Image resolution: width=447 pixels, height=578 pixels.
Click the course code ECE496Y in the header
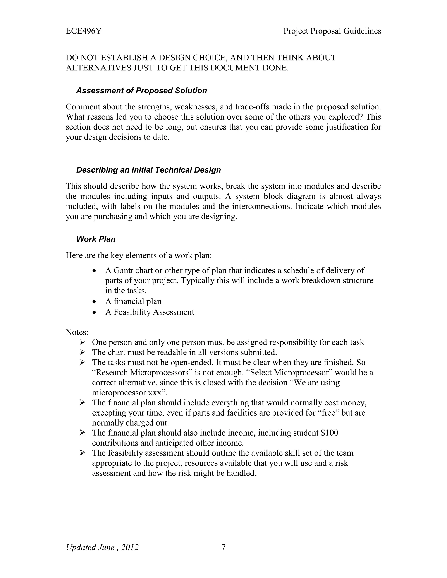click(x=83, y=31)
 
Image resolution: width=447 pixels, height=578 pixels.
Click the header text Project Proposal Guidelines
click(x=332, y=31)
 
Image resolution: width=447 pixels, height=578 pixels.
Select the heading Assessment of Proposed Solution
click(x=141, y=91)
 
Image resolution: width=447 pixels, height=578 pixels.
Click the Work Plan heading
click(x=96, y=239)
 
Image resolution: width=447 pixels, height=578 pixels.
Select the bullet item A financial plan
click(x=133, y=301)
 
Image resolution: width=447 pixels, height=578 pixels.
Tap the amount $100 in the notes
click(x=329, y=433)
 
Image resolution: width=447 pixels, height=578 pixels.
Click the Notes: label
click(x=77, y=332)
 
